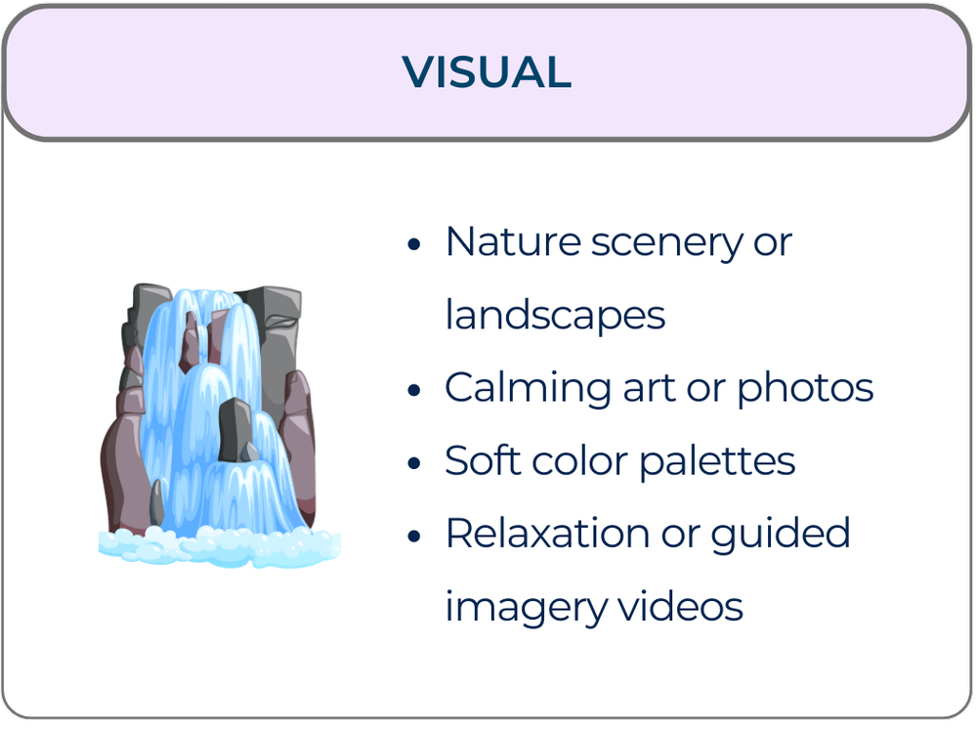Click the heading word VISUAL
click(487, 72)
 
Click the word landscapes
click(555, 315)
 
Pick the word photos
click(805, 388)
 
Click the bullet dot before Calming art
click(415, 390)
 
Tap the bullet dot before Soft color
click(415, 462)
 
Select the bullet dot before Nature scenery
click(415, 243)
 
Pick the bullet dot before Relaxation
click(415, 536)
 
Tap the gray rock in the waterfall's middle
click(234, 430)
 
